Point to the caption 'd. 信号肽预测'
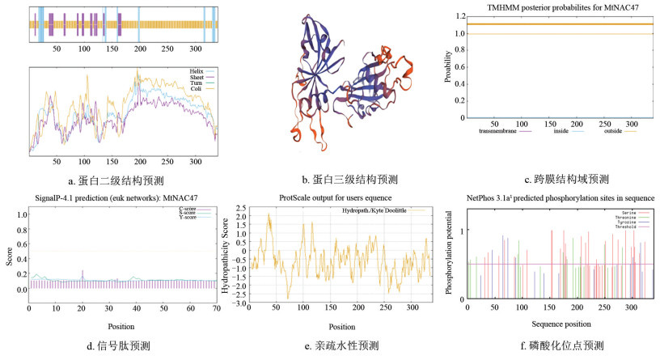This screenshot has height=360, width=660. click(x=119, y=347)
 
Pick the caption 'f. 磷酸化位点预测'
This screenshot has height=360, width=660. click(x=560, y=347)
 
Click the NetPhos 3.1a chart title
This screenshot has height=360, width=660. click(x=560, y=198)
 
